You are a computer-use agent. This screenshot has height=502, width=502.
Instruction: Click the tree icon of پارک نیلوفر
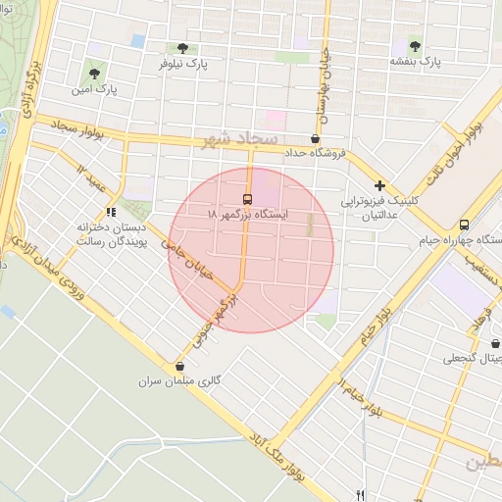[x=181, y=48]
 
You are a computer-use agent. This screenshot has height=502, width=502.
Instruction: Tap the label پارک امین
[x=93, y=89]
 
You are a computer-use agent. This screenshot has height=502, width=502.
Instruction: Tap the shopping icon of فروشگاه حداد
[x=315, y=139]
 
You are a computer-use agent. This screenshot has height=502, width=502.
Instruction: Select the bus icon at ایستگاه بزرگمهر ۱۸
[x=246, y=198]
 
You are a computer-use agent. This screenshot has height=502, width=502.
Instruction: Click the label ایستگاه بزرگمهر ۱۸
[x=249, y=213]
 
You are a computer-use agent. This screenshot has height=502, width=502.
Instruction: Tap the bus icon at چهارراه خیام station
[x=464, y=224]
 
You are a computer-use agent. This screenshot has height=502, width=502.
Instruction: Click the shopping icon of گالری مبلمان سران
[x=179, y=366]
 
